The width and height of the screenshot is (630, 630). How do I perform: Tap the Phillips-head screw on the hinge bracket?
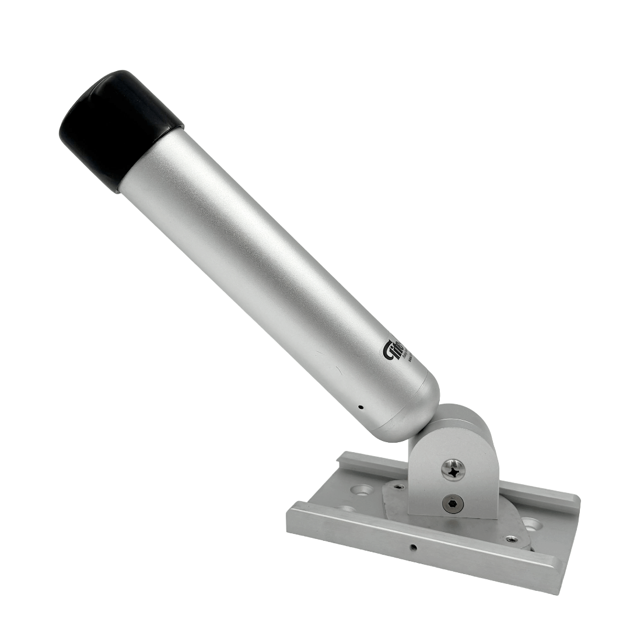(x=453, y=469)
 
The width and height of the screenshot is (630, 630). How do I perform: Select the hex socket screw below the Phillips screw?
(x=453, y=502)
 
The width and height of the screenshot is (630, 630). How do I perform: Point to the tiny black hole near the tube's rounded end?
(x=360, y=407)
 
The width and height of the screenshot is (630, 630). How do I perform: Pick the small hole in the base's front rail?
(x=413, y=547)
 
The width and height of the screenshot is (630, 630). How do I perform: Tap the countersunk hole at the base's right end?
(x=533, y=523)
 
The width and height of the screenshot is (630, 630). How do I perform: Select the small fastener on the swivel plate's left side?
(x=398, y=485)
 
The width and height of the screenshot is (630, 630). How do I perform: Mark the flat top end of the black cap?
(x=87, y=111)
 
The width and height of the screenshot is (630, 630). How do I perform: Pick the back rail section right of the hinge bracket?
(x=537, y=496)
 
